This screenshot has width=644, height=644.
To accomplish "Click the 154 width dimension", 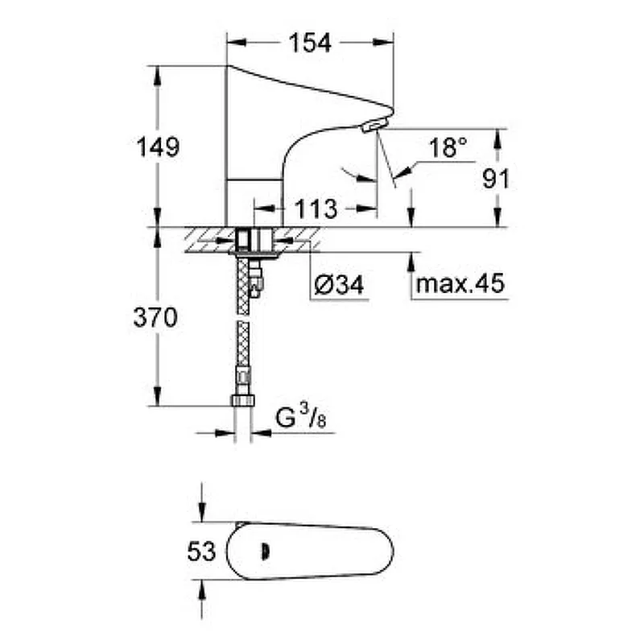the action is pyautogui.click(x=310, y=43).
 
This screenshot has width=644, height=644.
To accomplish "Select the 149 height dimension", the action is pyautogui.click(x=158, y=147).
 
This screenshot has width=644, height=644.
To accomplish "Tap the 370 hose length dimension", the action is pyautogui.click(x=155, y=317).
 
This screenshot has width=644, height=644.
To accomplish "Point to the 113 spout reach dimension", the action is pyautogui.click(x=316, y=209).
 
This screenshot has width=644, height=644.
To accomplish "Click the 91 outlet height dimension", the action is pyautogui.click(x=496, y=179).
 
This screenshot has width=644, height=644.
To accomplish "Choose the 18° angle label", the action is pyautogui.click(x=448, y=148).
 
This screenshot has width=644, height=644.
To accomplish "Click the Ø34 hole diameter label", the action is pyautogui.click(x=339, y=285).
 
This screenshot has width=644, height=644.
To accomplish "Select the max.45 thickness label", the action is pyautogui.click(x=460, y=283).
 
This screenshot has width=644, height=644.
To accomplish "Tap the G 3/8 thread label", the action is pyautogui.click(x=300, y=417).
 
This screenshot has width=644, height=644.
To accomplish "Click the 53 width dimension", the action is pyautogui.click(x=201, y=551).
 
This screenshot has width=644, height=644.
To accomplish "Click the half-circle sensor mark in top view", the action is pyautogui.click(x=266, y=551).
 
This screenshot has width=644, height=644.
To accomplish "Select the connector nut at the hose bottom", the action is pyautogui.click(x=243, y=400).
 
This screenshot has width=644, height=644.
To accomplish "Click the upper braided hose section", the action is pyautogui.click(x=243, y=287).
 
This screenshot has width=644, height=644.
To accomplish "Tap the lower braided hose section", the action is pyautogui.click(x=243, y=345).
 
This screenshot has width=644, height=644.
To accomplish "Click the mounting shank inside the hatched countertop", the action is pyautogui.click(x=254, y=240).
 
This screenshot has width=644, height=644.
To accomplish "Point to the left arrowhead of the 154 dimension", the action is pyautogui.click(x=237, y=43).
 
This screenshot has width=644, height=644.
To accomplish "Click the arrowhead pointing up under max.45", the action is pyautogui.click(x=411, y=262).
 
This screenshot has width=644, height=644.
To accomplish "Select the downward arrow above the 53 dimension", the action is pyautogui.click(x=201, y=512).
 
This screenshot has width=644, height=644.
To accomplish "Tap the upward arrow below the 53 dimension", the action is pyautogui.click(x=201, y=590).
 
